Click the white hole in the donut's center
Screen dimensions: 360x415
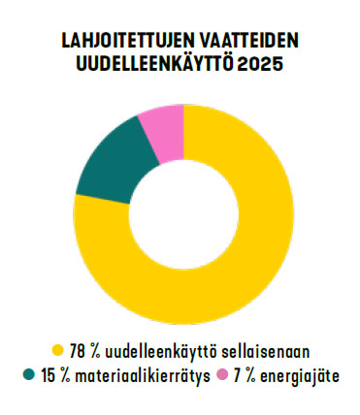click(x=183, y=214)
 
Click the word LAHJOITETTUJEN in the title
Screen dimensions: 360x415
click(x=126, y=41)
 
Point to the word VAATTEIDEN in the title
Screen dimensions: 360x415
click(x=247, y=41)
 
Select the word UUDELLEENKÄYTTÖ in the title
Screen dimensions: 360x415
click(x=154, y=62)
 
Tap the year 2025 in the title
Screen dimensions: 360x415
click(x=260, y=64)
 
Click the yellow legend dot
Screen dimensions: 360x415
click(x=58, y=351)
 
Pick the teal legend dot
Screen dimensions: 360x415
click(x=29, y=375)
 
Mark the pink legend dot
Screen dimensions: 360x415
click(x=222, y=375)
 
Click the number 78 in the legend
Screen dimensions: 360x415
click(x=77, y=352)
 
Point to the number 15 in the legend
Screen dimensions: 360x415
click(x=48, y=376)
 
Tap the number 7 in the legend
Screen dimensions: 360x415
click(x=238, y=376)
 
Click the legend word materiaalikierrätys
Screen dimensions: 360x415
click(x=142, y=376)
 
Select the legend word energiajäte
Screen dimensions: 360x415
click(x=299, y=377)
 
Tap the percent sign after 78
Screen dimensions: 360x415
click(x=94, y=352)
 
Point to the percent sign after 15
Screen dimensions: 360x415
click(x=64, y=376)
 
